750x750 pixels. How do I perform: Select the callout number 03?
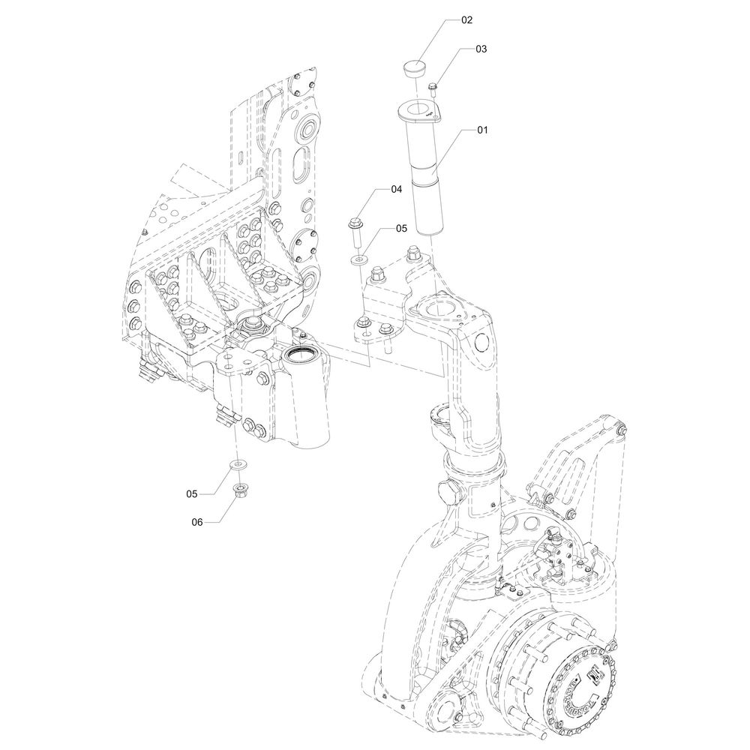point(480,49)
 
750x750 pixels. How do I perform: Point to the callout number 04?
point(396,190)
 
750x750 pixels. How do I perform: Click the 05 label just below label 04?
point(401,227)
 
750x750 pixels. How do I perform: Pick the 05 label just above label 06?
point(193,493)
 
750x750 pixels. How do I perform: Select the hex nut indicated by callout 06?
point(241,492)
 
